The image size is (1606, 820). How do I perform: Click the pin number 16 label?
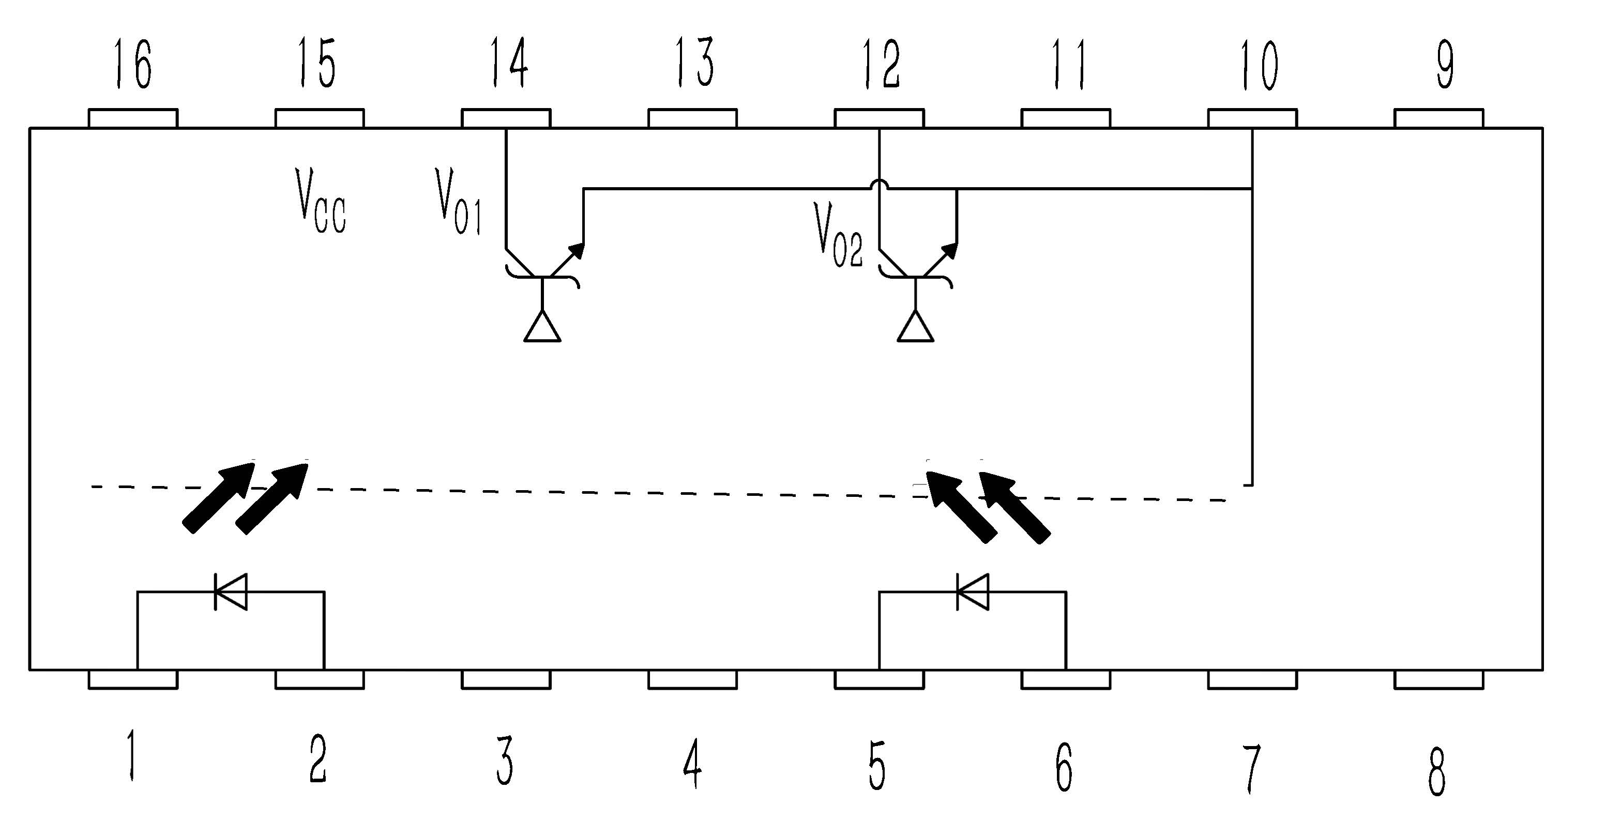tap(133, 64)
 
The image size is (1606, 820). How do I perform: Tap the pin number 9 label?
tap(1445, 64)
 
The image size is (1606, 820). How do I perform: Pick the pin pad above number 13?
tap(693, 118)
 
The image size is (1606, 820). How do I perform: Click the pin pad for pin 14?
tap(506, 118)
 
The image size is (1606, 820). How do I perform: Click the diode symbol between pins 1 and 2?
tap(230, 591)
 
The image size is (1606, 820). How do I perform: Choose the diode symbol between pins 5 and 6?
tap(972, 591)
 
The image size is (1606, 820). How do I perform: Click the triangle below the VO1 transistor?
tap(542, 327)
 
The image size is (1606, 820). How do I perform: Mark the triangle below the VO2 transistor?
tap(915, 327)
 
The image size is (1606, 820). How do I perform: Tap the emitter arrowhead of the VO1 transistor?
tap(578, 249)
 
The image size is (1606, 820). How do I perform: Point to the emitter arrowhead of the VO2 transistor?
tap(950, 249)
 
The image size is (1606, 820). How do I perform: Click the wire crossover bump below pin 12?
tap(879, 185)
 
